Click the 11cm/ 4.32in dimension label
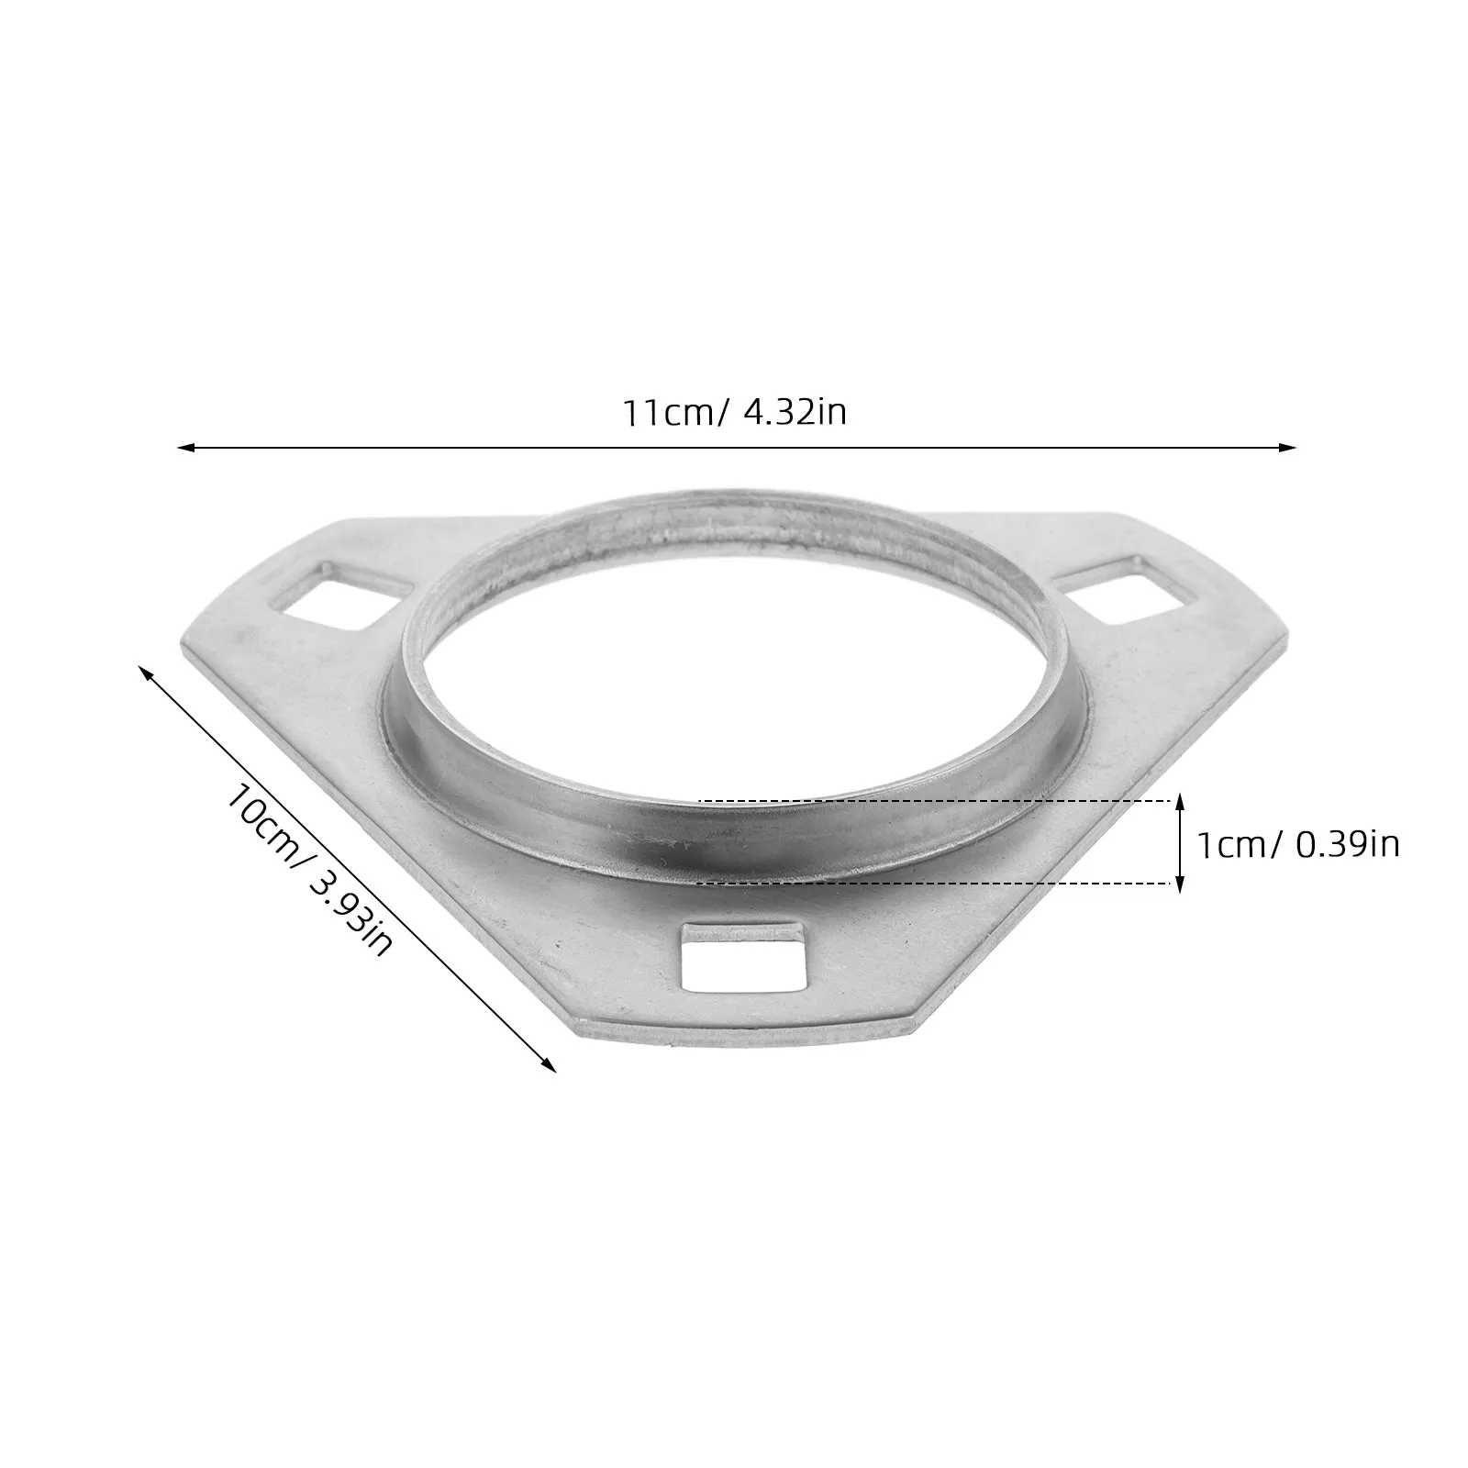pos(735,412)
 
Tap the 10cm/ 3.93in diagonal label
pos(309,864)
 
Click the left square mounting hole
pos(339,595)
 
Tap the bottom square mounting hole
pos(744,956)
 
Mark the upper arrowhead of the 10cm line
pos(145,674)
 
